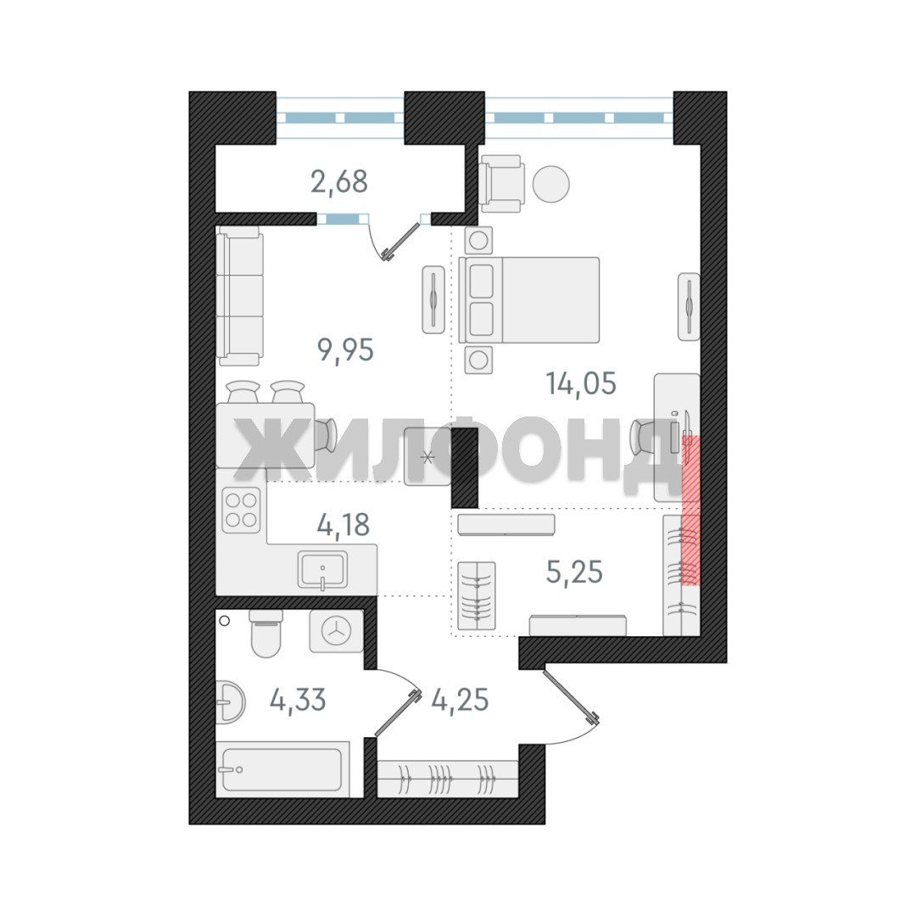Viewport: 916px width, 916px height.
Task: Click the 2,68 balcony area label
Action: tap(338, 182)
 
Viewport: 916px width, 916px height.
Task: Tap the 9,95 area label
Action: tap(345, 350)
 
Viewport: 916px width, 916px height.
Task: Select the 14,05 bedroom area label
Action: tap(581, 384)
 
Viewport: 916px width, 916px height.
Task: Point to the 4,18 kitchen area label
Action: tap(343, 525)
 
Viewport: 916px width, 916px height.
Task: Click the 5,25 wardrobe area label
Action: tap(574, 572)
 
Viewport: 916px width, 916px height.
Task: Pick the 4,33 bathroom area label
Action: tap(298, 699)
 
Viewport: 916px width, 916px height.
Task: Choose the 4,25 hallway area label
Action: tap(460, 699)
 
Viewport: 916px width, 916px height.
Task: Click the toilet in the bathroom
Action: tap(265, 634)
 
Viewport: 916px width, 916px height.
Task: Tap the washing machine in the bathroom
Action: tap(337, 631)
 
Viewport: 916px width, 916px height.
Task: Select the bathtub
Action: tap(282, 769)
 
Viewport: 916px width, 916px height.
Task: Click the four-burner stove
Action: tap(241, 510)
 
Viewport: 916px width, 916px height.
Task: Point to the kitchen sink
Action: tap(322, 569)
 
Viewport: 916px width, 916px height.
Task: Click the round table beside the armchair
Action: tap(551, 184)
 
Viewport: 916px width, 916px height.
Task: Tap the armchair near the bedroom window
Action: tap(501, 184)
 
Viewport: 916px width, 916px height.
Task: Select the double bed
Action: tap(529, 299)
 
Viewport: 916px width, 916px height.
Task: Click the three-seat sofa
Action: tap(239, 296)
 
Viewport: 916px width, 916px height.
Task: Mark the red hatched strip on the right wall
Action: tap(691, 510)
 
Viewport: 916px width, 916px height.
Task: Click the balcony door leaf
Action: tap(402, 240)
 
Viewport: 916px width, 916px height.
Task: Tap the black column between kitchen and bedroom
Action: tap(465, 467)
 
